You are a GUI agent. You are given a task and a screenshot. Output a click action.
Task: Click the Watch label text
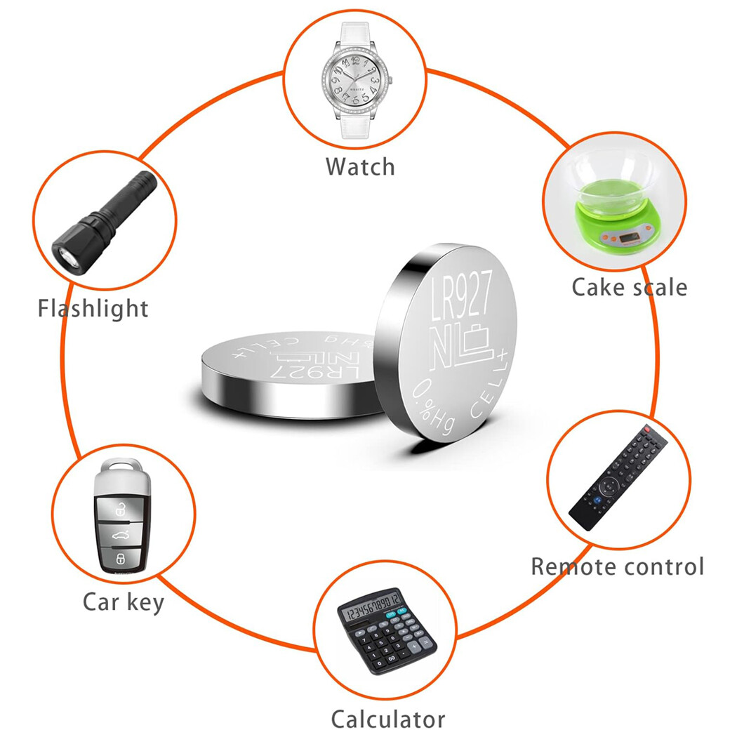click(x=360, y=166)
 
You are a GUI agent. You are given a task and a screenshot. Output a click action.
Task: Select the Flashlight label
click(x=93, y=308)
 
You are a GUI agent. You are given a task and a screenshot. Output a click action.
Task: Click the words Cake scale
click(x=629, y=287)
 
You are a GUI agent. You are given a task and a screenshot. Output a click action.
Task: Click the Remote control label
click(x=617, y=566)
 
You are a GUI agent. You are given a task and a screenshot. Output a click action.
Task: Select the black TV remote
click(x=618, y=477)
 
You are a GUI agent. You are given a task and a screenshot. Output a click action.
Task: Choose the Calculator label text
click(x=387, y=718)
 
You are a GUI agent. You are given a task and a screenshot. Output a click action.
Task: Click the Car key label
click(x=123, y=602)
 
